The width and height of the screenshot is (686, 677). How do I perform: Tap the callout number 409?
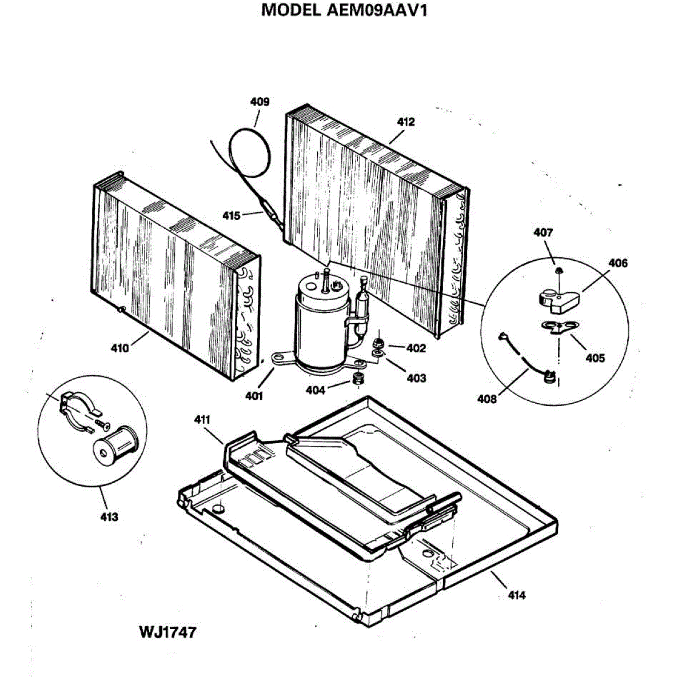click(260, 102)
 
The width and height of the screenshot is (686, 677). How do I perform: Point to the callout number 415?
click(231, 216)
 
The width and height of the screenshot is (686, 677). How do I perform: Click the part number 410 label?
click(119, 348)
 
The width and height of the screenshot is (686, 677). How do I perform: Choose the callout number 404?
click(315, 390)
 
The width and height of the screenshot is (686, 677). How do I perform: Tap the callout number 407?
click(543, 233)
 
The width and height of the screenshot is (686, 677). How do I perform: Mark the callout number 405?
click(595, 359)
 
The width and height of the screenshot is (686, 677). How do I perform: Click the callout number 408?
click(487, 400)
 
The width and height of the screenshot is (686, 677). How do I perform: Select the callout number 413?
click(109, 517)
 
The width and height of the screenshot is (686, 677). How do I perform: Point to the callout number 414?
click(516, 595)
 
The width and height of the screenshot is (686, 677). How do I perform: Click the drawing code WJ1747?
click(167, 632)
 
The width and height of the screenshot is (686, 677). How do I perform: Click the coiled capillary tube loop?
click(250, 152)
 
